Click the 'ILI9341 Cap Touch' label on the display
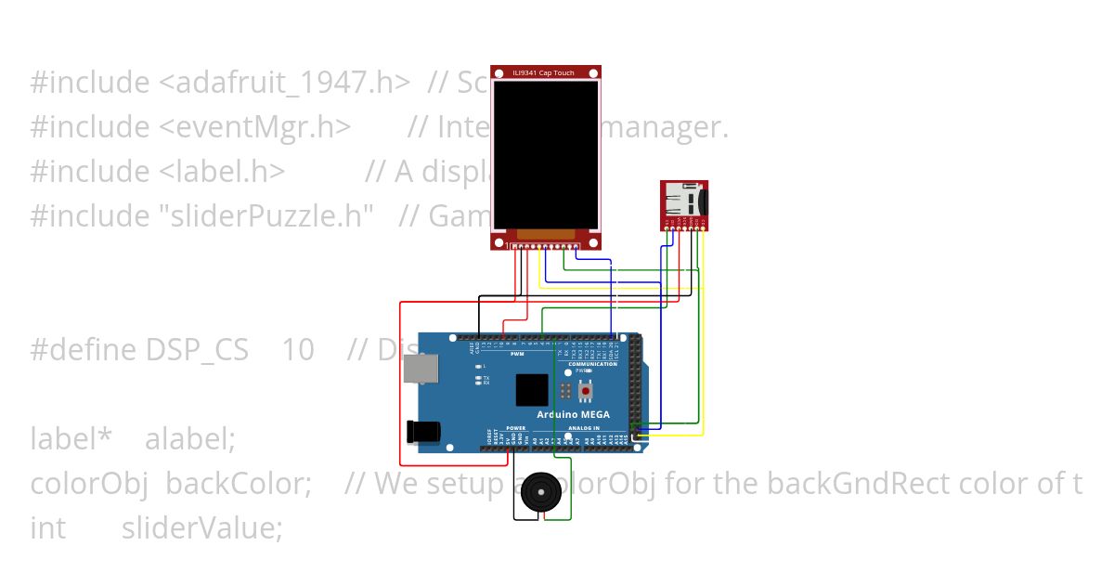pyautogui.click(x=545, y=72)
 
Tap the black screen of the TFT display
pyautogui.click(x=545, y=154)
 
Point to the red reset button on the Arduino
pyautogui.click(x=585, y=392)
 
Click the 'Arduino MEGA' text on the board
pyautogui.click(x=576, y=414)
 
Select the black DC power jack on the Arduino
pyautogui.click(x=421, y=432)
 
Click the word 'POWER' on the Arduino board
pyautogui.click(x=516, y=429)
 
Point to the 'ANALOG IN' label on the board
pyautogui.click(x=584, y=429)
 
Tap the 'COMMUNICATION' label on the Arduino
pyautogui.click(x=592, y=364)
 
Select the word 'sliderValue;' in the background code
pyautogui.click(x=201, y=527)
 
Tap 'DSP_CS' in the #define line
pyautogui.click(x=197, y=350)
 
